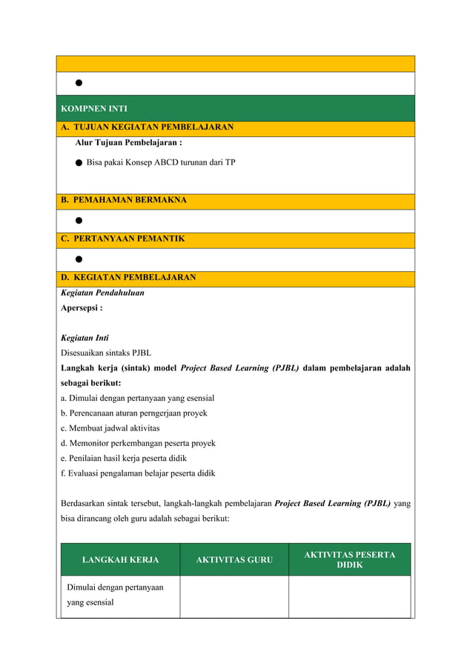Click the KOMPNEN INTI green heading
tap(93, 109)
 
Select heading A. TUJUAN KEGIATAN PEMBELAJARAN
tap(147, 127)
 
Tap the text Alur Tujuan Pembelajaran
tap(128, 143)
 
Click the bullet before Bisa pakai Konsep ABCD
tap(78, 162)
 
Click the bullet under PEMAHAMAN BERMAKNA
tap(78, 221)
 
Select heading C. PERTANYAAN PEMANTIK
tap(122, 239)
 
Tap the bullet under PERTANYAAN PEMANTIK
tap(78, 259)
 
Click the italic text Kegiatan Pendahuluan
tap(102, 293)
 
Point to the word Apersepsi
tap(81, 307)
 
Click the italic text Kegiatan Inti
tap(85, 338)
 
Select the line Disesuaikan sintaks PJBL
tap(105, 353)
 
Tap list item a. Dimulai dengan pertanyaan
tap(137, 398)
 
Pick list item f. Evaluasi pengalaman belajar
tap(137, 473)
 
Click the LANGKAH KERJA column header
tap(120, 560)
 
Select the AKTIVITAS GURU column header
tap(234, 560)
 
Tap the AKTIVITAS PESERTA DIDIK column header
tap(349, 560)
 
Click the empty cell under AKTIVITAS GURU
tap(234, 596)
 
